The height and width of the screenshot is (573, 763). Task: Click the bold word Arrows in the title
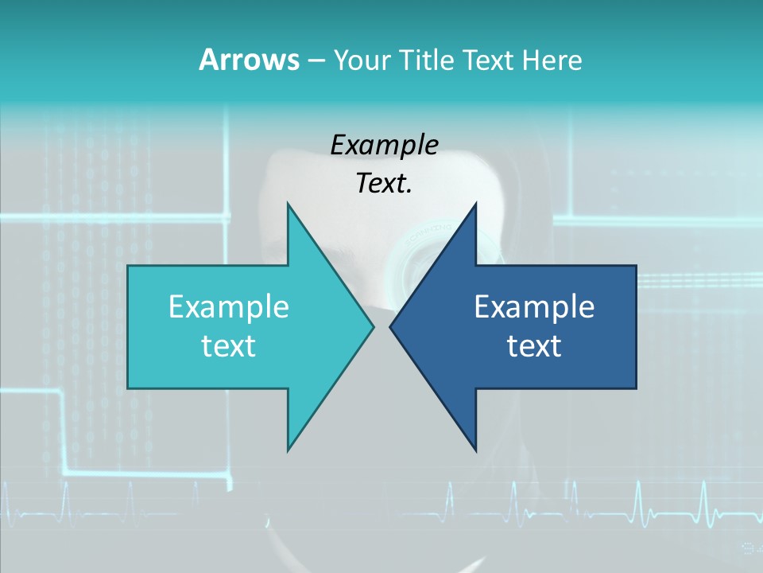(249, 60)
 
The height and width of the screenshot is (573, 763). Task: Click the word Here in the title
(552, 60)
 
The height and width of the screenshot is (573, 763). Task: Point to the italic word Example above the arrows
(384, 145)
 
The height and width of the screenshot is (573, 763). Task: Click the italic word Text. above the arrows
(384, 183)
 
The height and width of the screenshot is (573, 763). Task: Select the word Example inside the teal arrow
(228, 306)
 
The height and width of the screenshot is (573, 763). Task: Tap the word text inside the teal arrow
(228, 345)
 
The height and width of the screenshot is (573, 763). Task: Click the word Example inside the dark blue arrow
(534, 306)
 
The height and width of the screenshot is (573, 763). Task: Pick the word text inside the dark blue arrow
(534, 345)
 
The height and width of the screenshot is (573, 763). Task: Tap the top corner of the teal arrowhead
(288, 204)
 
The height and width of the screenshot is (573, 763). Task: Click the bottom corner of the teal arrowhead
(288, 450)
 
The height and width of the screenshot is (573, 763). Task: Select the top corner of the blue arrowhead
(475, 204)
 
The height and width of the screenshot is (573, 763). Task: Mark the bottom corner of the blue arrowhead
(475, 450)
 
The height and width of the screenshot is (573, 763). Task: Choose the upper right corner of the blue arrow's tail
(635, 267)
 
